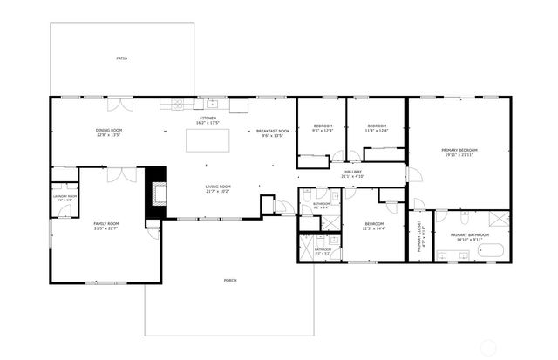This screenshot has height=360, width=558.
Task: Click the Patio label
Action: (122, 58)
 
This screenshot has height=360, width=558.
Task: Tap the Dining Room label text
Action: (109, 131)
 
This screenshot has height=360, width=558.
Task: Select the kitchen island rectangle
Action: (208, 141)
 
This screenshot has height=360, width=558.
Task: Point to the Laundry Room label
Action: (65, 196)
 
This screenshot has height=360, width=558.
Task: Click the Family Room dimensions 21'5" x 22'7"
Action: (106, 228)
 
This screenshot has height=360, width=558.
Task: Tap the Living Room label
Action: (218, 187)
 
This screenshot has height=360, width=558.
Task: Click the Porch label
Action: (230, 280)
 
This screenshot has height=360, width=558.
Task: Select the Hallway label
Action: (353, 172)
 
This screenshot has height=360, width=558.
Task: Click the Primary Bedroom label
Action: (459, 150)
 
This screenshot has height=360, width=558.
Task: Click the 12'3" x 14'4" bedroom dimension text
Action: (375, 228)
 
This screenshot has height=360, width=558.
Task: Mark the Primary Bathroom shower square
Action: (497, 218)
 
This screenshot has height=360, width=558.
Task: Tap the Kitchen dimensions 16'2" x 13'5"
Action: (208, 123)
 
